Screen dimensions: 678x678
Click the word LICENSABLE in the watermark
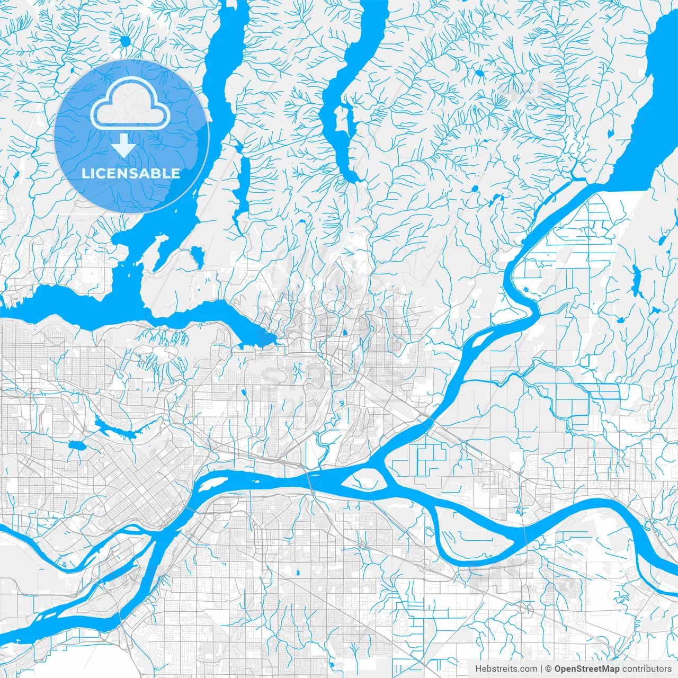[x=131, y=173]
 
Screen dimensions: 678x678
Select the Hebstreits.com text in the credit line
[x=506, y=669]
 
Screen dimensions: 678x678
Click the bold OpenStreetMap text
[x=586, y=669]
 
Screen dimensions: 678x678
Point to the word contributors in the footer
[x=646, y=669]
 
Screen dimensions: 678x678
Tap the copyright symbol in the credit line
[x=549, y=669]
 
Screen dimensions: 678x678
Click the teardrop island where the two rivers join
[x=365, y=480]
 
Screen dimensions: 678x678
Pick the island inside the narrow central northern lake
[x=343, y=119]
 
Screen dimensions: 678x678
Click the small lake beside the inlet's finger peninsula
[x=197, y=257]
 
